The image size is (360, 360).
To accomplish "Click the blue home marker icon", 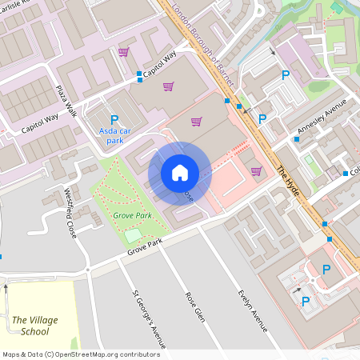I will coord(180,172).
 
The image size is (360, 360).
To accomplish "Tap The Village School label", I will coord(34,326).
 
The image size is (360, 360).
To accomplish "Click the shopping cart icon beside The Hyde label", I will coord(256,170).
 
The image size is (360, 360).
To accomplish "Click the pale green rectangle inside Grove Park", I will coord(133,236).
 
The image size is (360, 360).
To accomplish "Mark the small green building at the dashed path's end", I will coord(310,170).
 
